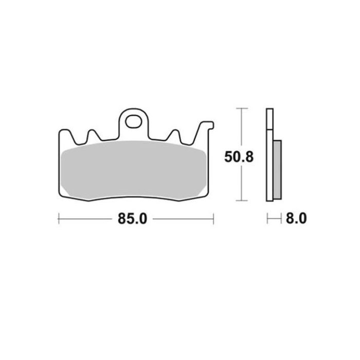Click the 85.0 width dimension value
pos(132,219)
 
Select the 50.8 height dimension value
pos(239,157)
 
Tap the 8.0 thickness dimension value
pos(296,219)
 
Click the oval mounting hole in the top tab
pos(133,121)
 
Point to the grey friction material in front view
pos(134,170)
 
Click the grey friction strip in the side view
pos(277,170)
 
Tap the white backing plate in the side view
pos(270,154)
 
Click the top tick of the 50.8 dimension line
pos(242,108)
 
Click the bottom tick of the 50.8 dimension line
pos(242,201)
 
